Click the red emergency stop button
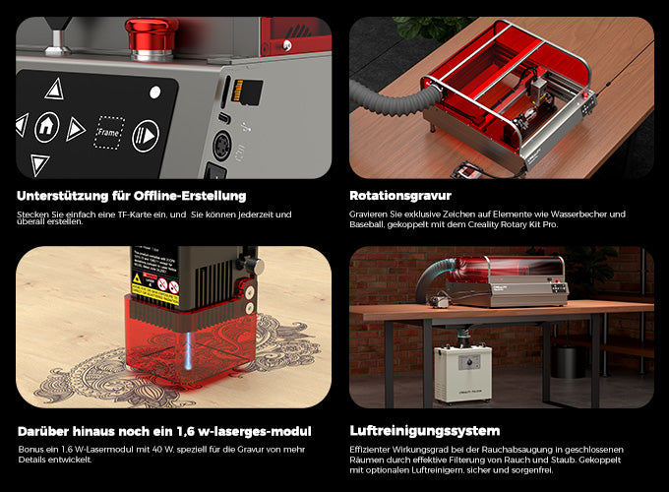point(152,37)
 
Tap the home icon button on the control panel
point(47,127)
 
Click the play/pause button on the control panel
point(146,136)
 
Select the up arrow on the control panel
point(55,89)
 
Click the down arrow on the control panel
point(39,164)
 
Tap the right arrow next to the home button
point(76,129)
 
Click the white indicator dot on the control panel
point(155,92)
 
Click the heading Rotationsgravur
point(400,196)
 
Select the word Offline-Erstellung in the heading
point(190,196)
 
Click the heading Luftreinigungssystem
point(425,431)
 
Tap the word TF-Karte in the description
point(135,215)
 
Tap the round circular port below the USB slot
point(222,146)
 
